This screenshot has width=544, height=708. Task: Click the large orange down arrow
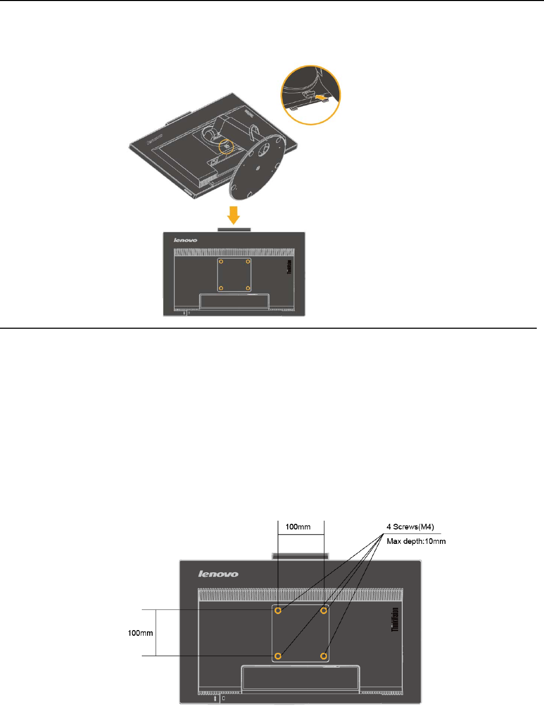(234, 215)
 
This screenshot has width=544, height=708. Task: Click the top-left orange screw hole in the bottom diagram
(278, 610)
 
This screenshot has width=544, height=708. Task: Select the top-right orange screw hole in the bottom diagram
(324, 610)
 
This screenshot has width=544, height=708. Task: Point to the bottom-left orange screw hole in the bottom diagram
(278, 656)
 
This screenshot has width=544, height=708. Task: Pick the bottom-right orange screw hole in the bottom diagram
(324, 656)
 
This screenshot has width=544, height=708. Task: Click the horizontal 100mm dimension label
(298, 527)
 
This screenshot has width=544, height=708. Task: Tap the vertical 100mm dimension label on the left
(140, 633)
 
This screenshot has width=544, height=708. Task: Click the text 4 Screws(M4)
(410, 527)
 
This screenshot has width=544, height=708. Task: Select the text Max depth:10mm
(416, 541)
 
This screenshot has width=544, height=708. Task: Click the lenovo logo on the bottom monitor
(219, 574)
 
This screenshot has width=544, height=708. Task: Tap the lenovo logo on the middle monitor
(186, 240)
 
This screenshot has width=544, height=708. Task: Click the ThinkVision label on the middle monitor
(289, 267)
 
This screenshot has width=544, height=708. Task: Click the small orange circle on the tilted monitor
(226, 147)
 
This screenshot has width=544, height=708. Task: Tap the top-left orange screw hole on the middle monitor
(221, 262)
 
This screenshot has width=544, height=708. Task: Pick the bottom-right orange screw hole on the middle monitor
(248, 288)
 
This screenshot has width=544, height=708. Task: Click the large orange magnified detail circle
(310, 95)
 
